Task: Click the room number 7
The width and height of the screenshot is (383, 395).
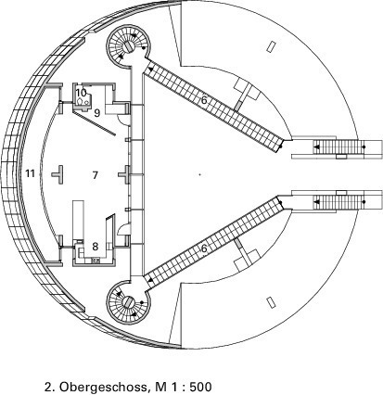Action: (95, 175)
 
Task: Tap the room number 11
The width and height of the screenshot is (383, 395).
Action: (30, 173)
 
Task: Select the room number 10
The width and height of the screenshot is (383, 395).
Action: (81, 93)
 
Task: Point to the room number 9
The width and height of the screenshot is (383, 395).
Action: (97, 113)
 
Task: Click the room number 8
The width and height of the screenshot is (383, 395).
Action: (96, 247)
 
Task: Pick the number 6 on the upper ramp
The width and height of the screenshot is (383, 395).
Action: (203, 100)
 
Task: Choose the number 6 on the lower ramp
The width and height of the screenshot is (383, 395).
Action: (203, 248)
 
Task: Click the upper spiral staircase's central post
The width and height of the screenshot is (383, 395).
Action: (129, 46)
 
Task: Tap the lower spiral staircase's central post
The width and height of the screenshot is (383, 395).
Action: (128, 302)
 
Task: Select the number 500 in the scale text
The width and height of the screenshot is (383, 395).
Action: (201, 387)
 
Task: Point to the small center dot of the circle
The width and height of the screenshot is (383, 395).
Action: (199, 174)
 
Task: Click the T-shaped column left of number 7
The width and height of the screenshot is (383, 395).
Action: (58, 175)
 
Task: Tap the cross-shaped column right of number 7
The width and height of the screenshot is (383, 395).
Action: (125, 175)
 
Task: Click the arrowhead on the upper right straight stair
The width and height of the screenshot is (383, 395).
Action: (316, 147)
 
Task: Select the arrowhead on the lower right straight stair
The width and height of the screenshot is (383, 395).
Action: (316, 202)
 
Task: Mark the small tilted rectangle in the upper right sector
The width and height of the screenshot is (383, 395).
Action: (271, 46)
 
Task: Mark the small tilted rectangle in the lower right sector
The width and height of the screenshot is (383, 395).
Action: (271, 302)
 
